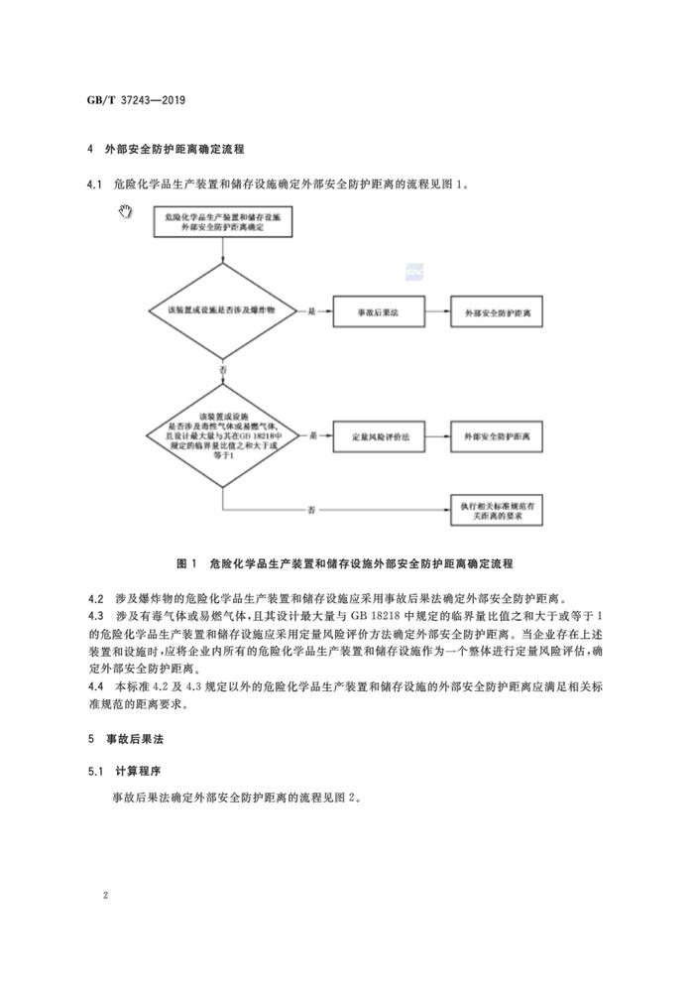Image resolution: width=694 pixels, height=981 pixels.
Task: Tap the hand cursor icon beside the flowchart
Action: (125, 211)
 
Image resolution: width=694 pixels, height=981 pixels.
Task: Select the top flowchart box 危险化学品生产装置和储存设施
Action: (219, 222)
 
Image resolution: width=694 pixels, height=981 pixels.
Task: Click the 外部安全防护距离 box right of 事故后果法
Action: (498, 311)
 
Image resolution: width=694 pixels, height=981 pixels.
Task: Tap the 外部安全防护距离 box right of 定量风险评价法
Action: (498, 435)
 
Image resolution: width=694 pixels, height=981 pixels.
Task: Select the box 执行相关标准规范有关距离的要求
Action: (498, 510)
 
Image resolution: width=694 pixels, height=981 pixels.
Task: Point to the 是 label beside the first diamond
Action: (311, 311)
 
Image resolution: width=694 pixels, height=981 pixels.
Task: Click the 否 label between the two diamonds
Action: (222, 368)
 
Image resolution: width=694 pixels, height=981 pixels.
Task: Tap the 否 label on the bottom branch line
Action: (311, 510)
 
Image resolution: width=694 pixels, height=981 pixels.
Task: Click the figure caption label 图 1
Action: (186, 563)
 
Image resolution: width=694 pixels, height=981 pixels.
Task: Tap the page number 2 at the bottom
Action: (104, 896)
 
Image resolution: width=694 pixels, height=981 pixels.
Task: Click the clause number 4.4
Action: (95, 686)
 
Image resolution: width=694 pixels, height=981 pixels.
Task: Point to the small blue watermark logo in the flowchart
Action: (409, 266)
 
